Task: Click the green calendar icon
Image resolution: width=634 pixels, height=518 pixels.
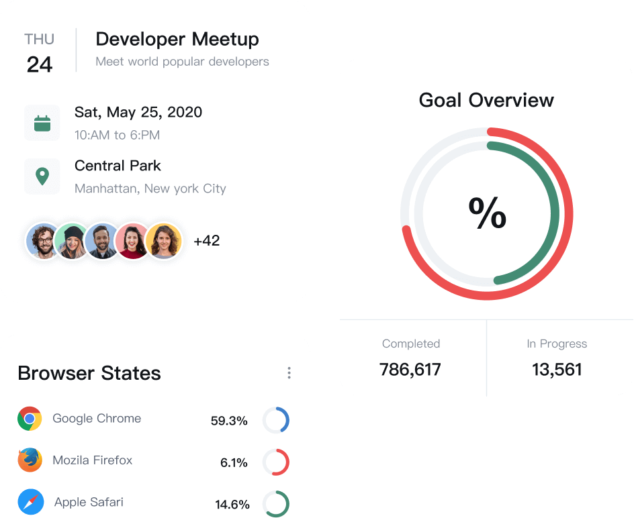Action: [x=42, y=123]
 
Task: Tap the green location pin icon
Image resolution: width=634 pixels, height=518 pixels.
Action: [x=42, y=176]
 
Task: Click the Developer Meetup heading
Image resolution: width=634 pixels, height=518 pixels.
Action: [x=177, y=40]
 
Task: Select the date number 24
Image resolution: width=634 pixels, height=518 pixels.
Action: [x=40, y=64]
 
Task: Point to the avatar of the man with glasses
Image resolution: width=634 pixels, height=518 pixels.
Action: [x=44, y=241]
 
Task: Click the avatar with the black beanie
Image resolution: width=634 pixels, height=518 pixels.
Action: [x=73, y=241]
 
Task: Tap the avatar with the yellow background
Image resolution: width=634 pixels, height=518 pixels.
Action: [x=164, y=241]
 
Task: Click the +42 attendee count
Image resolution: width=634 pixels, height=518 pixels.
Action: [x=207, y=241]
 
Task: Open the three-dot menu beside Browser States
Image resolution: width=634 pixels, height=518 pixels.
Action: [x=289, y=373]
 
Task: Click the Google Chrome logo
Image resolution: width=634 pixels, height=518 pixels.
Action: [x=30, y=419]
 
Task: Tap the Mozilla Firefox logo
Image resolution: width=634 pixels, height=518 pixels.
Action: [x=30, y=460]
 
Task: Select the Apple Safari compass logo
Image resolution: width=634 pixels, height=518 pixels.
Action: [x=31, y=502]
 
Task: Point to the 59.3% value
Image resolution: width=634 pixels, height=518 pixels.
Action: [x=229, y=421]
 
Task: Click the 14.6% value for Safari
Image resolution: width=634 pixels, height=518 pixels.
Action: [x=232, y=505]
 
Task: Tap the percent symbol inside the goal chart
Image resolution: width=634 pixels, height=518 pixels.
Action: [x=487, y=213]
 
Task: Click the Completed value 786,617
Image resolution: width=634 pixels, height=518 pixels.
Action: [x=410, y=370]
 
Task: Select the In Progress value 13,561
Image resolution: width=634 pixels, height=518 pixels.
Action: [x=557, y=370]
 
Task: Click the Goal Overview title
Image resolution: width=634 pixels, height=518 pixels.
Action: [x=486, y=100]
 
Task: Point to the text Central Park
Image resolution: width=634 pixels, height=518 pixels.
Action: [x=118, y=166]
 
